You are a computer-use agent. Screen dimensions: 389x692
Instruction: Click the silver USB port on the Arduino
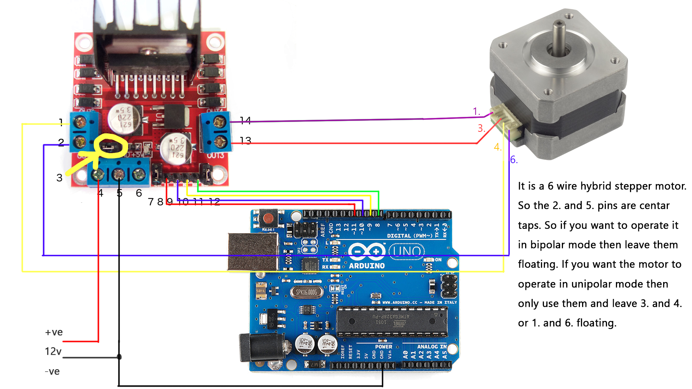coord(252,251)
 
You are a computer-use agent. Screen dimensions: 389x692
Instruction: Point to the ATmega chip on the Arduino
coord(392,319)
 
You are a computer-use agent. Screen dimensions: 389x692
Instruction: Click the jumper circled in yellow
coord(107,147)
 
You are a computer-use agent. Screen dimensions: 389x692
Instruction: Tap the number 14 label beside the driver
coord(245,120)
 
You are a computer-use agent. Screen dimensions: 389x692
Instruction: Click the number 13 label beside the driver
coord(245,140)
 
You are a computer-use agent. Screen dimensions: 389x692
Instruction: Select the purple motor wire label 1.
coord(476,111)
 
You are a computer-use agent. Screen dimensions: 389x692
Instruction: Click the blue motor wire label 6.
coord(514,160)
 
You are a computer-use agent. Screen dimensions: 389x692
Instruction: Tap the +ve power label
coord(54,332)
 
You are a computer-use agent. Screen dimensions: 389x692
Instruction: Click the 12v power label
coord(53,351)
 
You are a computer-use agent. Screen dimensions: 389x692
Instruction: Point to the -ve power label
coord(52,371)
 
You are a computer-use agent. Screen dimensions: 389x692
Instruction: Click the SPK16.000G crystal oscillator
coord(306,292)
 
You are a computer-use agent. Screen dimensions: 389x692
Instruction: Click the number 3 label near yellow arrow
coord(59,178)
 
